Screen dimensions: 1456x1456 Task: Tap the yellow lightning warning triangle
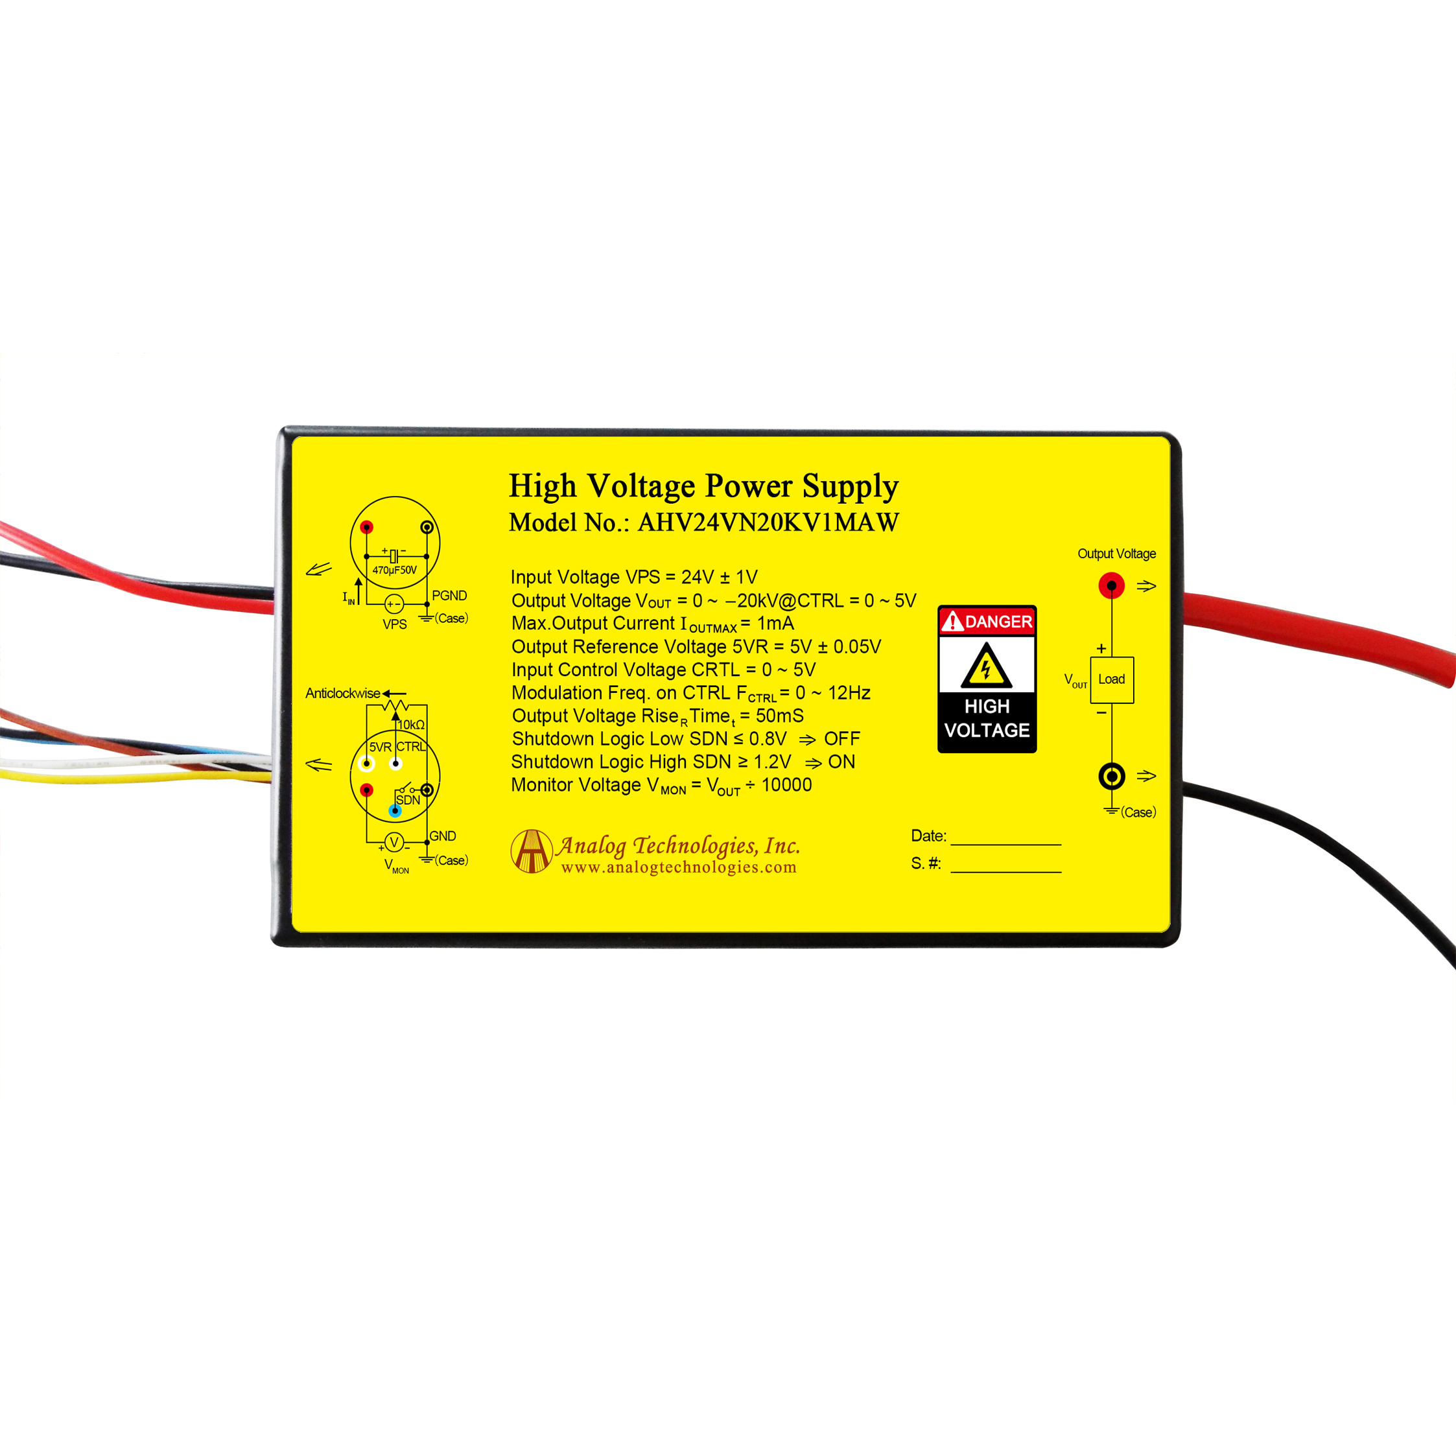click(x=986, y=667)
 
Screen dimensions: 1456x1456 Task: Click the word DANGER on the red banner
click(x=998, y=622)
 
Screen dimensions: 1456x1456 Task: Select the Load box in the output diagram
click(x=1112, y=679)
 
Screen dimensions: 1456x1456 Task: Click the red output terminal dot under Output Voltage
click(x=1112, y=585)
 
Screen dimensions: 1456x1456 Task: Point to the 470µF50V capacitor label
click(x=394, y=570)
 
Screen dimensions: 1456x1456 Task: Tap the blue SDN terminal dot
click(x=395, y=811)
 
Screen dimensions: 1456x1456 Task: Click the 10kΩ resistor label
click(x=412, y=724)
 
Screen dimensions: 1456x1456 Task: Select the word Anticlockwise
click(x=342, y=694)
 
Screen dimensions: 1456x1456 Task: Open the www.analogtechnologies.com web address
click(x=678, y=867)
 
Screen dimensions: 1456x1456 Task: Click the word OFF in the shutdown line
click(x=842, y=738)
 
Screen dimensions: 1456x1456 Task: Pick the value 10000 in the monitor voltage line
click(x=786, y=784)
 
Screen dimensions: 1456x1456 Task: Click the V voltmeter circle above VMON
click(x=393, y=843)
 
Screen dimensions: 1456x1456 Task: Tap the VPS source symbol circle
click(x=393, y=604)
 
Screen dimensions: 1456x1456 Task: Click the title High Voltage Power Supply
click(x=703, y=486)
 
